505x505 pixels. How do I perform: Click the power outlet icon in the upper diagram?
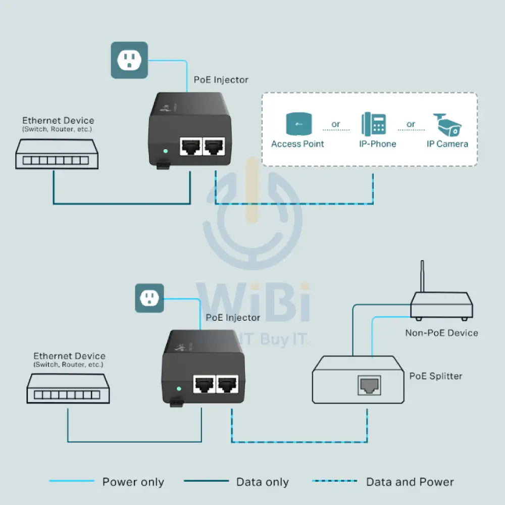tap(129, 60)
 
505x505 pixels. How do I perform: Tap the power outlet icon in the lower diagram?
tap(149, 298)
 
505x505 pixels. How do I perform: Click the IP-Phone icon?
tap(373, 124)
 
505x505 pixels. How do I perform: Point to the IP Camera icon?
tap(447, 124)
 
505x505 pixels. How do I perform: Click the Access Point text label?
tap(297, 144)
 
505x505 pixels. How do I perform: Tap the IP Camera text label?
tap(447, 144)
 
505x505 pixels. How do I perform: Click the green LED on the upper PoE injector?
tap(165, 150)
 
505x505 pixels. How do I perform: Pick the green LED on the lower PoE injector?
tap(178, 389)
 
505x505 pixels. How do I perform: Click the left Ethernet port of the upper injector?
tap(190, 146)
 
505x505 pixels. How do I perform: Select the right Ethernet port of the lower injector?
tap(227, 385)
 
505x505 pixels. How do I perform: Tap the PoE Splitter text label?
tap(436, 376)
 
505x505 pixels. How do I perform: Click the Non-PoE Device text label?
tap(441, 333)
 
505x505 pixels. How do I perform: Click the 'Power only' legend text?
tap(133, 482)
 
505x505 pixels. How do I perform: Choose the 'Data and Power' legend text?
tap(410, 482)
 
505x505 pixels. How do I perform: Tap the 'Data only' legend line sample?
tap(206, 481)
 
